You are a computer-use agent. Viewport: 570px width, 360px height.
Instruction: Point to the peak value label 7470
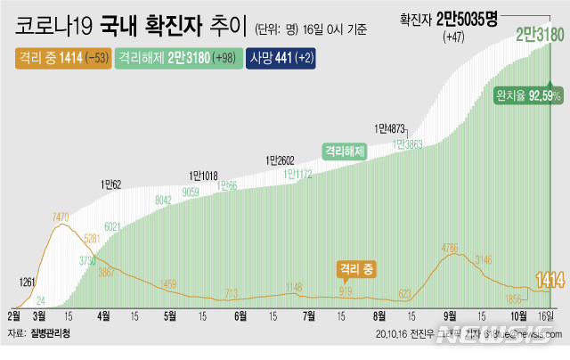(x=61, y=217)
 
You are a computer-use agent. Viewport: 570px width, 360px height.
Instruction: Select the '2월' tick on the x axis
(x=14, y=315)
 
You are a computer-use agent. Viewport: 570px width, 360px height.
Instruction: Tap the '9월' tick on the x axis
(x=451, y=315)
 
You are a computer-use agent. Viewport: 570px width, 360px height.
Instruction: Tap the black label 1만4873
(x=390, y=128)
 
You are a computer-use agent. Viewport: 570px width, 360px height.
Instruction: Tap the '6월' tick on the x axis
(x=240, y=315)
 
